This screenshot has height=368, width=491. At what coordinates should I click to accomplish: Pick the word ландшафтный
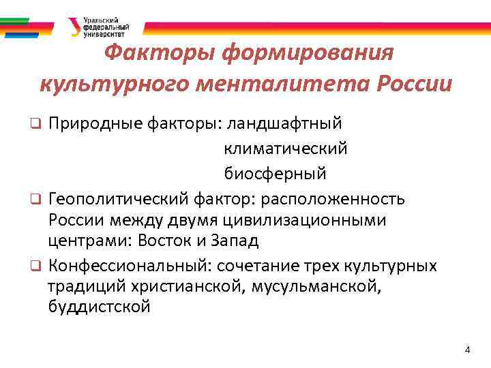pyautogui.click(x=284, y=123)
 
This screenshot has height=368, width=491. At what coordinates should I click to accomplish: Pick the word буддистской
pyautogui.click(x=99, y=307)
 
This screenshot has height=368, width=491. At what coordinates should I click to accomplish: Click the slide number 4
pyautogui.click(x=467, y=350)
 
